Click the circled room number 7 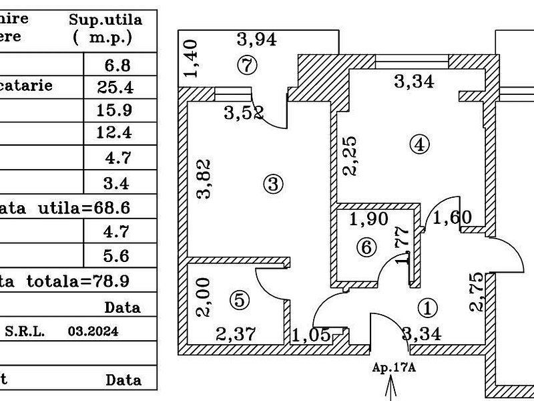[x=248, y=65]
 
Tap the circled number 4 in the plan [x=419, y=144]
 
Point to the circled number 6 [x=365, y=247]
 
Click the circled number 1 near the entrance [x=428, y=307]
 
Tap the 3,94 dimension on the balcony [x=257, y=40]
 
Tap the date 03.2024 [x=93, y=331]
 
